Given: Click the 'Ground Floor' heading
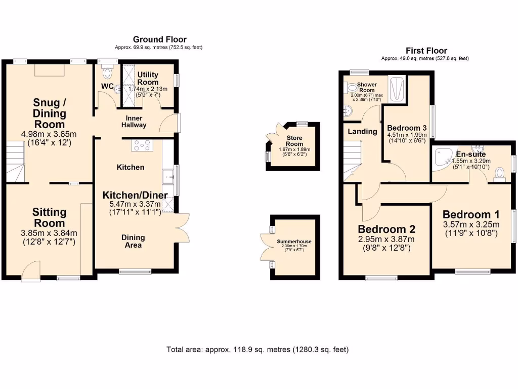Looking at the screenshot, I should (x=159, y=39).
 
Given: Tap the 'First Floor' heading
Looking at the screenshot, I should (x=426, y=50).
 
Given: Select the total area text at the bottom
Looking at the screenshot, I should (x=257, y=349).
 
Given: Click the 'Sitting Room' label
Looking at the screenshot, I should (x=49, y=217).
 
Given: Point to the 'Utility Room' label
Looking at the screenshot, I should (x=148, y=78).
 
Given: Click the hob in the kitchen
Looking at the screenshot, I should (x=142, y=145).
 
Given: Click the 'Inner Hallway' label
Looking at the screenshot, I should (x=134, y=121).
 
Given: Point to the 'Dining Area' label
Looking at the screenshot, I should (x=133, y=241).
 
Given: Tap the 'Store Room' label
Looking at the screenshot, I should (x=294, y=141).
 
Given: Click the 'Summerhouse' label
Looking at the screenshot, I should (x=294, y=242).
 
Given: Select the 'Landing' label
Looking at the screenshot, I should (x=362, y=131).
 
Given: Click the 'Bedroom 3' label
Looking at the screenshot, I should (x=407, y=128).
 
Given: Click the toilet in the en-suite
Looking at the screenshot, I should (x=500, y=173).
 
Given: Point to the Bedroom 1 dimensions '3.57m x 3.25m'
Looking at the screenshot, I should (x=471, y=225).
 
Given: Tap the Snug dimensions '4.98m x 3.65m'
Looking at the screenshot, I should (x=49, y=134).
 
